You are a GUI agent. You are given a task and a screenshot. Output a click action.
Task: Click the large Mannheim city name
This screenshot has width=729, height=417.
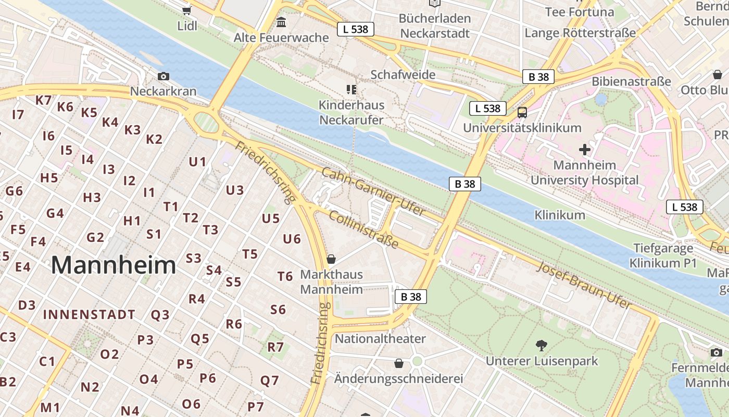[x=114, y=265]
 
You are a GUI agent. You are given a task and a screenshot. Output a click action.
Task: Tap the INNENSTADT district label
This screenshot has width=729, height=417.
[x=89, y=315]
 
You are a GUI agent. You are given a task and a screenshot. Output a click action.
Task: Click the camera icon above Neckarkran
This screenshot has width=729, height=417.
[x=164, y=77]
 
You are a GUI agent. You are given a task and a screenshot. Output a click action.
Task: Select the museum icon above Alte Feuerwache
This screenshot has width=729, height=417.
[x=282, y=22]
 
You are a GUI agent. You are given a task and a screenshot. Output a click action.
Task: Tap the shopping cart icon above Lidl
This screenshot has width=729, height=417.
[x=187, y=10]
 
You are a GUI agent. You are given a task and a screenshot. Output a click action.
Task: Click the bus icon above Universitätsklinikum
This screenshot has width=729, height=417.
[x=522, y=112]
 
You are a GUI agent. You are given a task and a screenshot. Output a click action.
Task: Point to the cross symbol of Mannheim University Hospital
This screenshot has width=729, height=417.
[x=585, y=150]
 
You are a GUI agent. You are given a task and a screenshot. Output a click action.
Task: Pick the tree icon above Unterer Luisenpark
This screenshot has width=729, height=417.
[x=542, y=345]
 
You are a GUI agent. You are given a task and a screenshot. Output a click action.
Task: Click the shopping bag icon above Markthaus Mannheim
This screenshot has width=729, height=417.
[x=331, y=259]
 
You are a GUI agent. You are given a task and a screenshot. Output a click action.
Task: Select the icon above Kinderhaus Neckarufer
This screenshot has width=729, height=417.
[x=351, y=90]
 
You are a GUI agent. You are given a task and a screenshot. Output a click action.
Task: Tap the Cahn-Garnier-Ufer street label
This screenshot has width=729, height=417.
[x=373, y=192]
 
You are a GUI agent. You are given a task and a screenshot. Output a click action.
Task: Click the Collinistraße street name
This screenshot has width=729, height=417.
[x=364, y=230]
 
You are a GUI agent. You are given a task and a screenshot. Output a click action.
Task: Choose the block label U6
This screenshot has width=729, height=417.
[x=292, y=239]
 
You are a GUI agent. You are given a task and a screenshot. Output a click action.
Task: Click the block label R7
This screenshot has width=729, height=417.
[x=275, y=347]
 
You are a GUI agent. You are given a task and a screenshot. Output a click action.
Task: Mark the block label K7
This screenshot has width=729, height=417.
[x=44, y=100]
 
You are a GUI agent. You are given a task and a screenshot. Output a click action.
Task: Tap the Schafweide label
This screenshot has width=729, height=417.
[x=403, y=75]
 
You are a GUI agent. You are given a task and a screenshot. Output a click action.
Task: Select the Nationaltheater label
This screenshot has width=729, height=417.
[x=380, y=339]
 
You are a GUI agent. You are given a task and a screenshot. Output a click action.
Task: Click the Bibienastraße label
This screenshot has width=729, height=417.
[x=631, y=82]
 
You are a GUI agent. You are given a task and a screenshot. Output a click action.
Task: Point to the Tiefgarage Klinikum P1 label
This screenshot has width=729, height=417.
[x=663, y=255]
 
